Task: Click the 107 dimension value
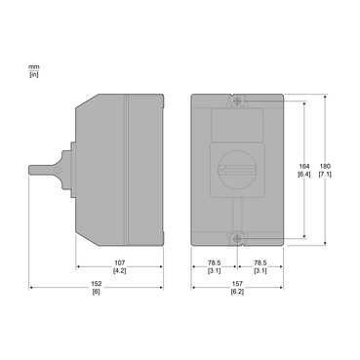(119, 262)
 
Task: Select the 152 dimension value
(97, 284)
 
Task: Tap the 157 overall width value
(237, 284)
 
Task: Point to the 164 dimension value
(304, 166)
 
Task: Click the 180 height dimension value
(325, 166)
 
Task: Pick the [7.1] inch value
(325, 174)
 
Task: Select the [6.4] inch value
(304, 174)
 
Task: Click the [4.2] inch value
(119, 270)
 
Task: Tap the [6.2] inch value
(237, 292)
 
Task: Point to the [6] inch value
(97, 292)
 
